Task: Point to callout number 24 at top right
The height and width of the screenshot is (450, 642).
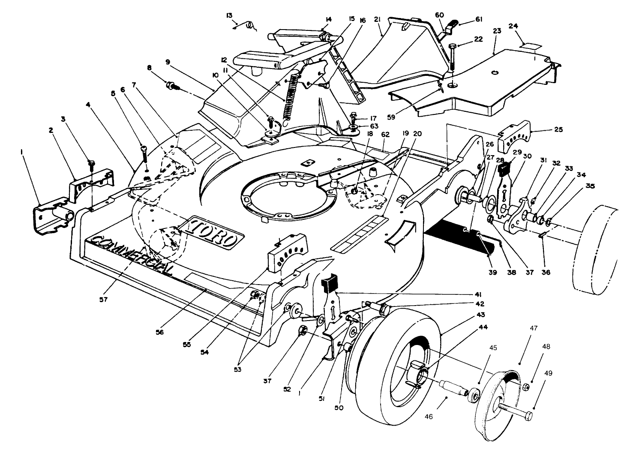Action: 513,26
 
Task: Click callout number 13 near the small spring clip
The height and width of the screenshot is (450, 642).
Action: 230,15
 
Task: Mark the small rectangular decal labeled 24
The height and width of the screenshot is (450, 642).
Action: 527,45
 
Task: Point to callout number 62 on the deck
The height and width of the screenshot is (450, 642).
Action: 385,134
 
